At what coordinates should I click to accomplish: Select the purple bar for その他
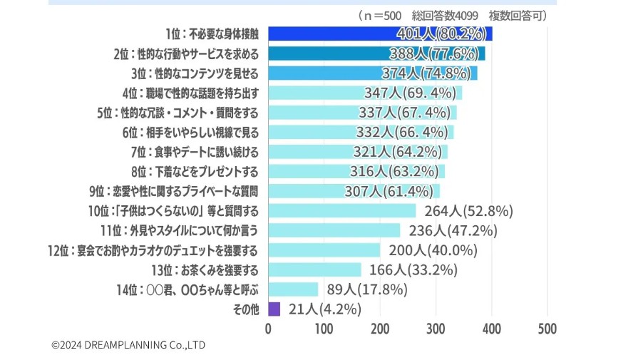point(274,309)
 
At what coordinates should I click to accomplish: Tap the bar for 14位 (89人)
point(293,289)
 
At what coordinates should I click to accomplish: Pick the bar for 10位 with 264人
point(342,210)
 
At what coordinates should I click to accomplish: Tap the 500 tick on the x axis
point(547,329)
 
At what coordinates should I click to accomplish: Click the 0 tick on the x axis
point(268,329)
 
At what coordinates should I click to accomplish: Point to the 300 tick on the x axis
point(436,329)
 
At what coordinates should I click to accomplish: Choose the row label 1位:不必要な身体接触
point(211,34)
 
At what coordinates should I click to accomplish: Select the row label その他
point(245,309)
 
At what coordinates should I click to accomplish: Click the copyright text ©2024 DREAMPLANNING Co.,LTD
point(128,345)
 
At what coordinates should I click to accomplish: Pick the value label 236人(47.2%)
point(453,230)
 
